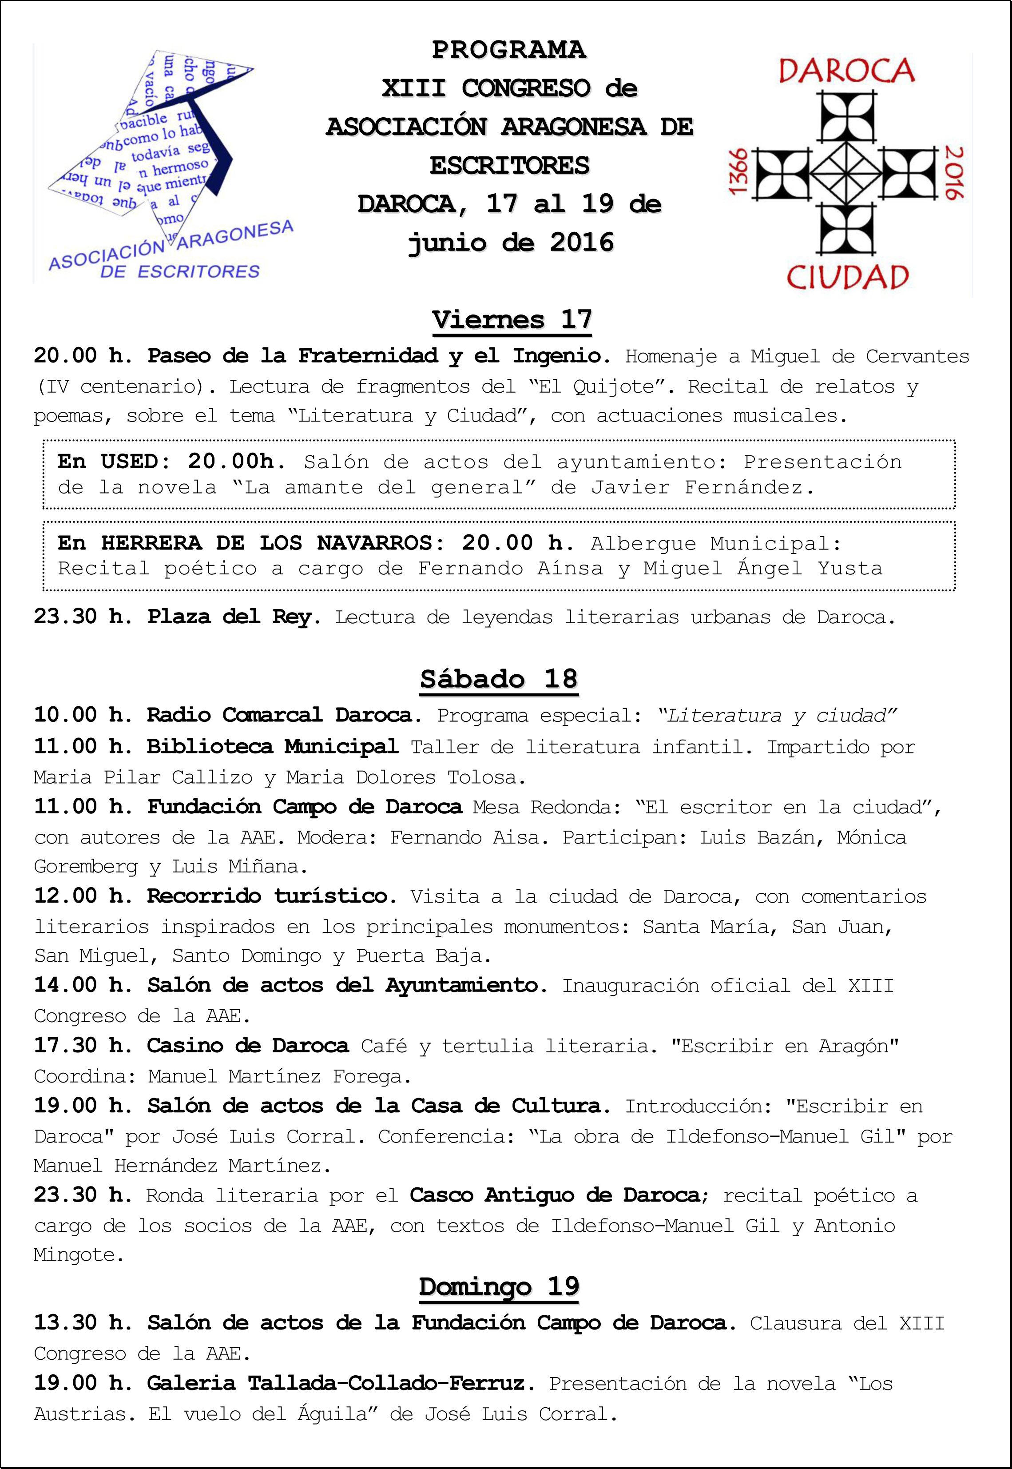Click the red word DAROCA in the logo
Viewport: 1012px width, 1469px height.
click(x=846, y=71)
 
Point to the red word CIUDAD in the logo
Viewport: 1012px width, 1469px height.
click(x=848, y=277)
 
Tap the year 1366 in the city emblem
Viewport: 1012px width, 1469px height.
click(x=739, y=172)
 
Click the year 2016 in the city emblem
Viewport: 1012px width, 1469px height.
click(x=954, y=172)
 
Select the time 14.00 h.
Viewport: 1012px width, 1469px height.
click(x=83, y=985)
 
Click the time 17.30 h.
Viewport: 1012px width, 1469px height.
click(x=83, y=1045)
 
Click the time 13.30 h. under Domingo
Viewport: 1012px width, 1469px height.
click(x=83, y=1322)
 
